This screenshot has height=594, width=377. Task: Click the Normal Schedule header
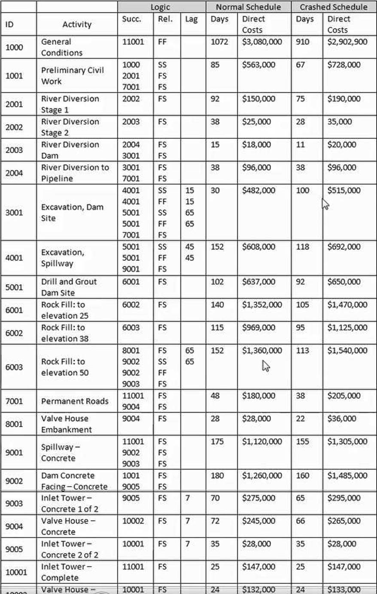[x=248, y=7]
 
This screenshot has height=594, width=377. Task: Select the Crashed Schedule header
[x=334, y=7]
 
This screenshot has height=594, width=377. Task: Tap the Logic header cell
[x=160, y=7]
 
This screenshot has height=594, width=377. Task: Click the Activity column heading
[x=77, y=24]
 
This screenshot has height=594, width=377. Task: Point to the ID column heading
[x=9, y=24]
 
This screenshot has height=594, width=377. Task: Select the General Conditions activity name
[x=61, y=47]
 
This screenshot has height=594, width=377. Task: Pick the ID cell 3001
[x=14, y=212]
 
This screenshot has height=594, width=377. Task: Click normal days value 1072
[x=219, y=42]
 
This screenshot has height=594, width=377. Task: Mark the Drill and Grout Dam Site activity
[x=69, y=287]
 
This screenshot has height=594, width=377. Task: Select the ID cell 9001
[x=14, y=452]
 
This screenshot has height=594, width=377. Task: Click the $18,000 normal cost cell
[x=256, y=144]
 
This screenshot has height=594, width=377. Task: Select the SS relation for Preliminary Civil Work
[x=162, y=65]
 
